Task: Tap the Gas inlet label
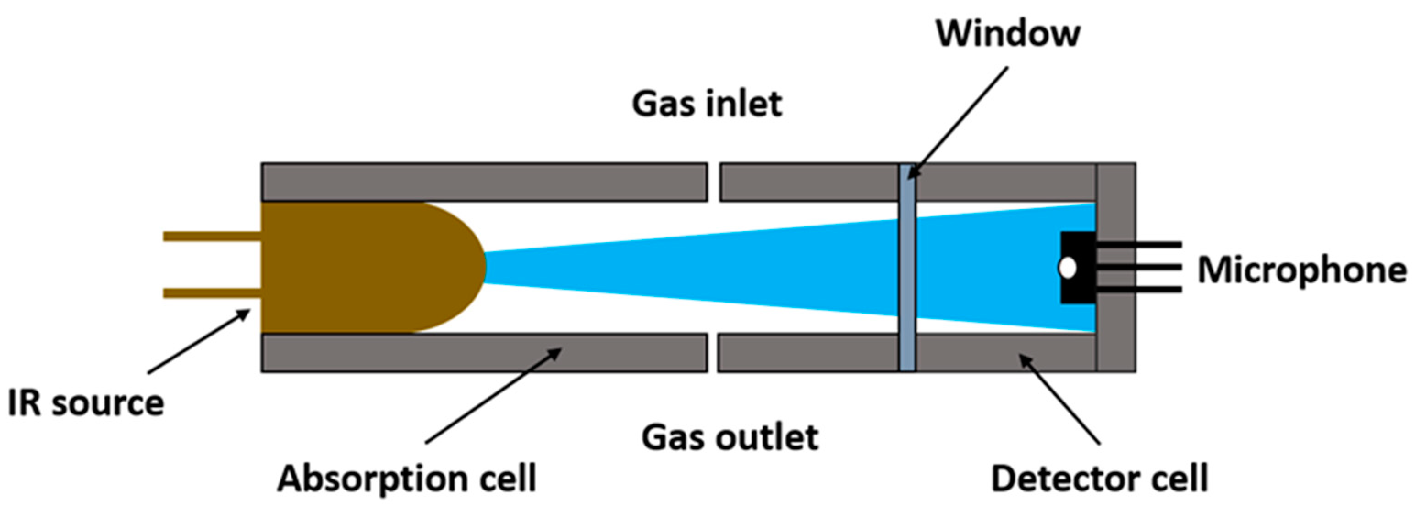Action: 707,104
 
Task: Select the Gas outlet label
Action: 729,438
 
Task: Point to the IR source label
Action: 86,403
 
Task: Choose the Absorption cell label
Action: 406,478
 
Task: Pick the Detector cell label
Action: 1099,478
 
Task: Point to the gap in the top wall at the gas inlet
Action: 714,182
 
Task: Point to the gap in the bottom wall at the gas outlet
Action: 712,352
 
